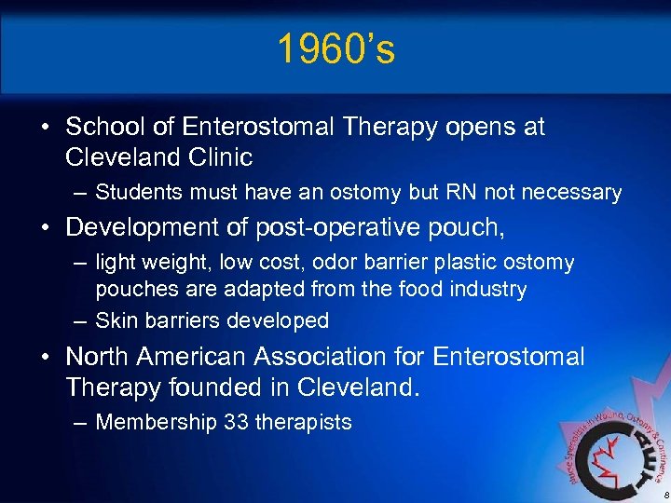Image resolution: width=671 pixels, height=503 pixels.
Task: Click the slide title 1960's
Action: click(x=335, y=50)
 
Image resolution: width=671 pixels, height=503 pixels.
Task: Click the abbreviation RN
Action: click(x=472, y=193)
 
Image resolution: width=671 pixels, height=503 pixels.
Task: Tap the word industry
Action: click(x=487, y=290)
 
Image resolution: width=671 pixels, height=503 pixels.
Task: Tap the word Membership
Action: click(x=156, y=422)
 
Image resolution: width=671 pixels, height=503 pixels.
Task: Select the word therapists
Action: click(x=303, y=422)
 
